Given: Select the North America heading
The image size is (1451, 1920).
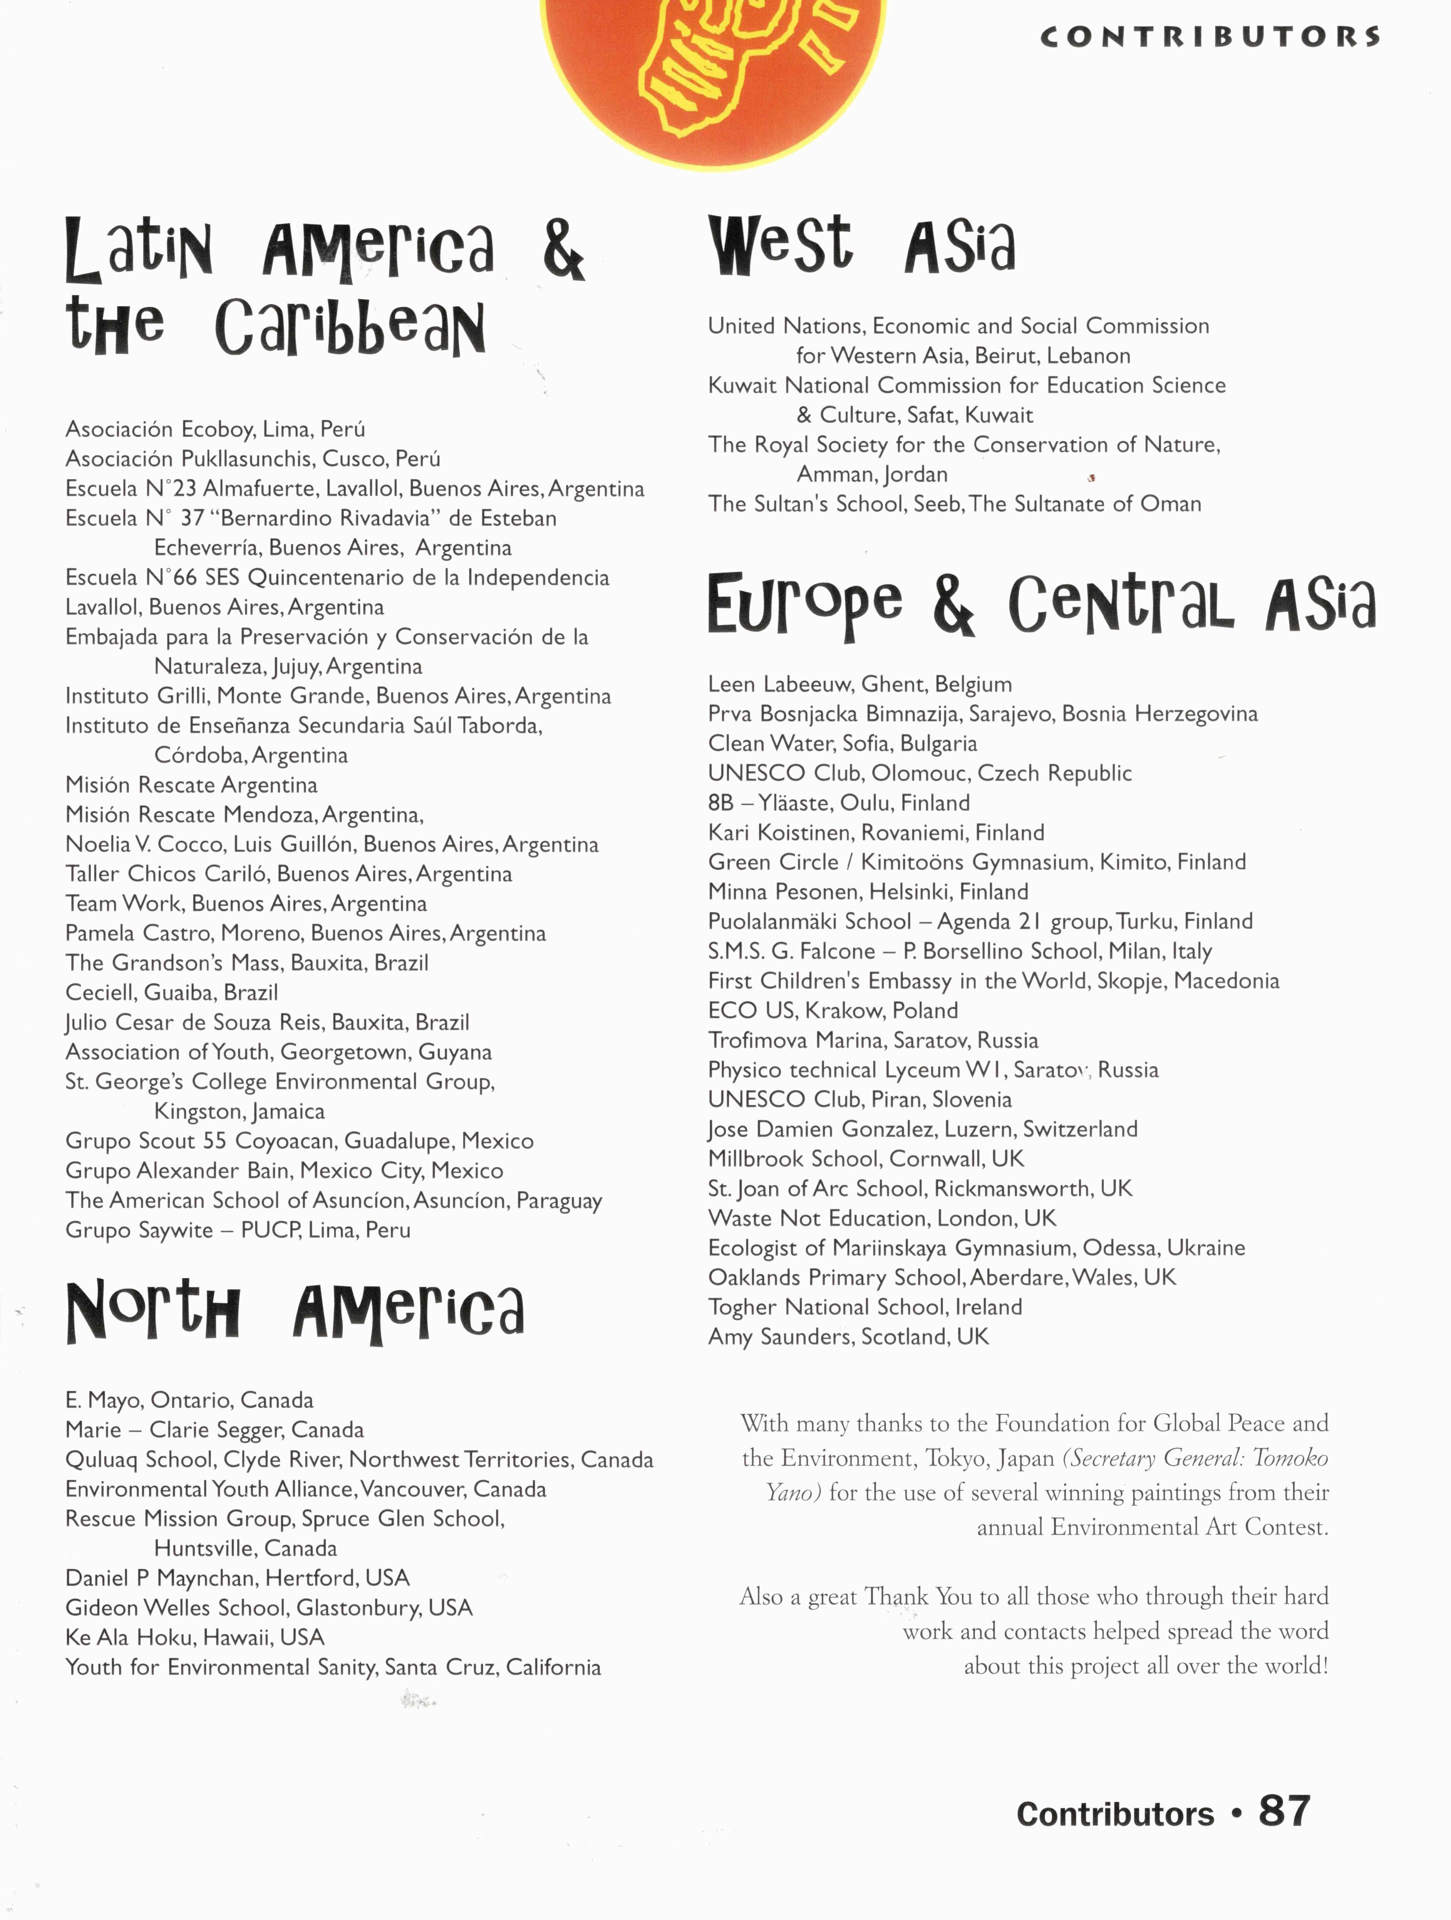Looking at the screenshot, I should coord(295,1312).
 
